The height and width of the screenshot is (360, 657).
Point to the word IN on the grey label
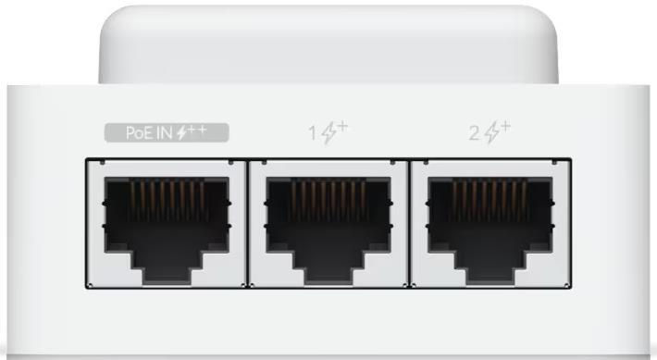(x=165, y=133)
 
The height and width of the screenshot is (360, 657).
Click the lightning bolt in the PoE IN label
(x=181, y=133)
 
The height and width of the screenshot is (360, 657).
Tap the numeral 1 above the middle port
(x=313, y=133)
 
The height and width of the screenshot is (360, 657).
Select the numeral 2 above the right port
(x=475, y=133)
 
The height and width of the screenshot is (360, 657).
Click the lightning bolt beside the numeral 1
(x=329, y=133)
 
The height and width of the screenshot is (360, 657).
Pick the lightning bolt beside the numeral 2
(x=492, y=133)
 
